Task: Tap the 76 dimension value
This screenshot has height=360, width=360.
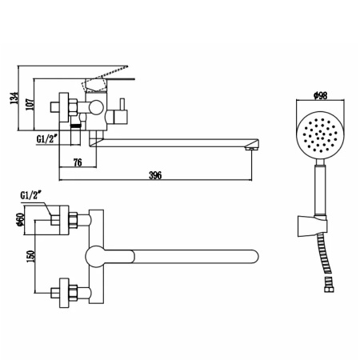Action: [78, 165]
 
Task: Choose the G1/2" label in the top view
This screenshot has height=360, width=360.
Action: [34, 193]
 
